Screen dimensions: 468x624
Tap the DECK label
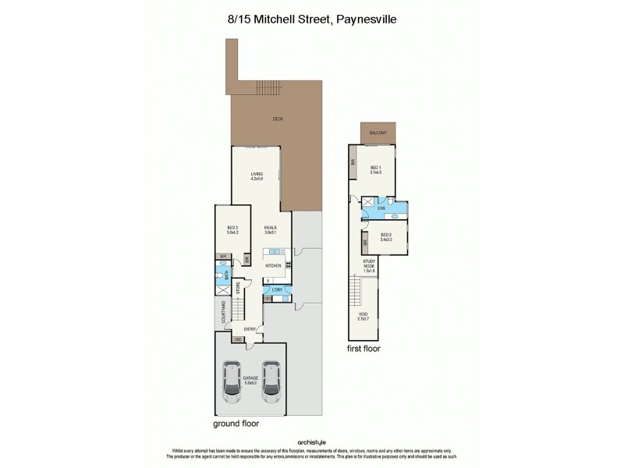[278, 119]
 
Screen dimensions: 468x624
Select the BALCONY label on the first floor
[378, 134]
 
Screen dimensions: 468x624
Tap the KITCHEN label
[273, 266]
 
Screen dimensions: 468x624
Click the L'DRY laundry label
[277, 290]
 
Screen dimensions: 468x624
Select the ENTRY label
[250, 329]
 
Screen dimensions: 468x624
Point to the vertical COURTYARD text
[223, 312]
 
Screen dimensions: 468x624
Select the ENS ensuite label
[381, 208]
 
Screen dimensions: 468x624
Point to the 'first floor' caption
[363, 349]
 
